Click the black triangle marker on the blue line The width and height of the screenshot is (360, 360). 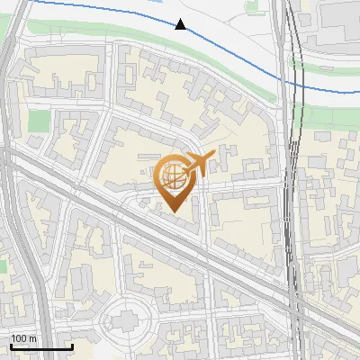181,24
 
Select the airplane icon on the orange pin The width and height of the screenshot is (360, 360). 198,164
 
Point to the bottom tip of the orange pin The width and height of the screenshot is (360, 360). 173,211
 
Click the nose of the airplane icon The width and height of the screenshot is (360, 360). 212,155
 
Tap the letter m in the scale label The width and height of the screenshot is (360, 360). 34,338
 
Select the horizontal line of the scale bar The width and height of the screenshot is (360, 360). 41,347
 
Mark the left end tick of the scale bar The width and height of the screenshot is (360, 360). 11,346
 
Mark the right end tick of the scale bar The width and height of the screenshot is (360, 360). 72,346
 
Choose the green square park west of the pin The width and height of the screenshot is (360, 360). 39,121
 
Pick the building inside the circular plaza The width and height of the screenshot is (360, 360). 125,317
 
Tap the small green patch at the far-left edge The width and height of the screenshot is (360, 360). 3,266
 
